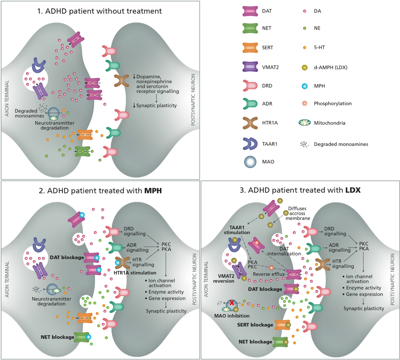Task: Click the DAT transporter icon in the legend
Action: [250, 11]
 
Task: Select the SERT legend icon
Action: [250, 48]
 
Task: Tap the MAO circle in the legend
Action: [250, 162]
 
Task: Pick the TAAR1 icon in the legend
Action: [250, 144]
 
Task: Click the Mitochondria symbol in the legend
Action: [305, 123]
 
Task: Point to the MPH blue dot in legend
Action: [304, 86]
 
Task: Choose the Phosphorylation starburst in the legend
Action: [304, 103]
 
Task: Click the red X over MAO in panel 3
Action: [232, 303]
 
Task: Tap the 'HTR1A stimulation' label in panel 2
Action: [135, 273]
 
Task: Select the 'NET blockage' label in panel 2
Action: [57, 337]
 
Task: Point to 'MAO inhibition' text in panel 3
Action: [232, 316]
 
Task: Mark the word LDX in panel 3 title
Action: [353, 190]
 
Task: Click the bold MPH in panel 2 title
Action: [153, 191]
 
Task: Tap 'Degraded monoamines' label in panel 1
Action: [29, 113]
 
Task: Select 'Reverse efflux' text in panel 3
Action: [269, 274]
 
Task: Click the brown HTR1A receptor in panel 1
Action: [122, 80]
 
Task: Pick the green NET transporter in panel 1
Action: [83, 151]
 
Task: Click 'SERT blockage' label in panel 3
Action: [255, 325]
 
